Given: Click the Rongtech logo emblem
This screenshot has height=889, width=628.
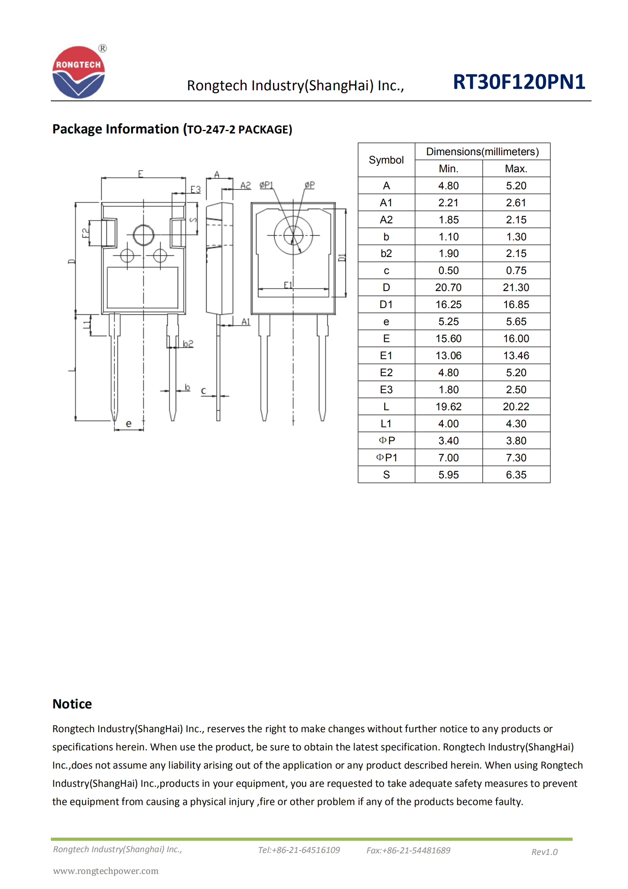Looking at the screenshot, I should click(78, 72).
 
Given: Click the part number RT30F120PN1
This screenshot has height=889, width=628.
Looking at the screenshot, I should click(518, 82).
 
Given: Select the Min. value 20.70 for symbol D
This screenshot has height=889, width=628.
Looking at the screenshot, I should click(448, 287).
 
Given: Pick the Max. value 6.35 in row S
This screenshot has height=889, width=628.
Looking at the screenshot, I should click(516, 474).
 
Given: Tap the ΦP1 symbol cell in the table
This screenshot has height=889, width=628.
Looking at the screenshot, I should click(386, 457).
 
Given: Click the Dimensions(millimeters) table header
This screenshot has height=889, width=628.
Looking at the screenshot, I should click(482, 152).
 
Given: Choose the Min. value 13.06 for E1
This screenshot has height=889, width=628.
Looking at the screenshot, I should click(448, 356).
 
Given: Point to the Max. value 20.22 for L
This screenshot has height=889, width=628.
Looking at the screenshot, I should click(516, 407).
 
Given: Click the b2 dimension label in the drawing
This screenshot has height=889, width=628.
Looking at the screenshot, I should click(188, 343).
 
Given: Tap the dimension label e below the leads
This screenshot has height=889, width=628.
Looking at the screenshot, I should click(129, 423).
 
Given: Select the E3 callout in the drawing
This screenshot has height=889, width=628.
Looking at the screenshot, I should click(195, 189).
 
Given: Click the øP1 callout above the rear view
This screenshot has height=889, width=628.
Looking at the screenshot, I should click(266, 185).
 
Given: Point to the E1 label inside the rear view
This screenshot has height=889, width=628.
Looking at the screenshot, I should click(288, 285).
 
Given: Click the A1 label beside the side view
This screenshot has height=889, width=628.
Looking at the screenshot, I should click(246, 322).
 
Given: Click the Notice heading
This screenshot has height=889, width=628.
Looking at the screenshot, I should click(72, 704).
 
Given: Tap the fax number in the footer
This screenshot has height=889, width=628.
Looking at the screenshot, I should click(408, 850).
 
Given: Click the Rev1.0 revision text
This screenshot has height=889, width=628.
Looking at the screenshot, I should click(544, 852).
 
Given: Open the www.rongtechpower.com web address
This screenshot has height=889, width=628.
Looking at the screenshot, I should click(106, 871).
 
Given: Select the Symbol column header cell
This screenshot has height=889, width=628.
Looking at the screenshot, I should click(386, 160).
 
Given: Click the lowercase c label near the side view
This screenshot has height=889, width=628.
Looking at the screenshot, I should click(203, 391).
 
